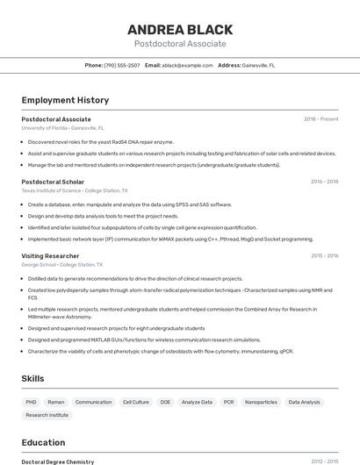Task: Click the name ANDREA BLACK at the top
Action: [x=179, y=29]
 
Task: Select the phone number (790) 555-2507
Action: [x=121, y=65]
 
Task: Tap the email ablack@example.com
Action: [x=187, y=65]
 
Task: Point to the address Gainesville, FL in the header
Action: [x=258, y=65]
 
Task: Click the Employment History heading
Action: [x=65, y=101]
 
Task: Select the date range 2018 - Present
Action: [x=320, y=119]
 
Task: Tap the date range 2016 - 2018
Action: [x=324, y=182]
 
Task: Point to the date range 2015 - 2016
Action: [x=324, y=256]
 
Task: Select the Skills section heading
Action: [x=33, y=378]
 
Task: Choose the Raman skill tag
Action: [x=55, y=402]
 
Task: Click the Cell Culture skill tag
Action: [x=135, y=402]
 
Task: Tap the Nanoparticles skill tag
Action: [x=261, y=402]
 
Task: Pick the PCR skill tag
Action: [x=228, y=402]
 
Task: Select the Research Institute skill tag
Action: [x=47, y=415]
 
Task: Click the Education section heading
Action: [x=43, y=442]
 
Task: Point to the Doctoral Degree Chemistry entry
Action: [x=57, y=461]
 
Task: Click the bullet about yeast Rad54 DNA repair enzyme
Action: [x=101, y=141]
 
